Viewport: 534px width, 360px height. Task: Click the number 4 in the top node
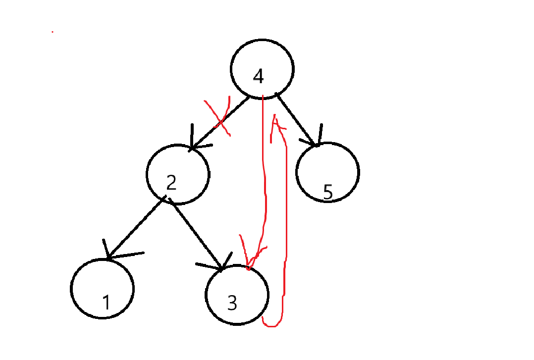click(259, 77)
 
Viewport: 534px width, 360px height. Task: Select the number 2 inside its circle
click(171, 183)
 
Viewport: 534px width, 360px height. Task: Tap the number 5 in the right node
click(327, 193)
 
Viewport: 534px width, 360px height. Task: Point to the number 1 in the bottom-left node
click(106, 302)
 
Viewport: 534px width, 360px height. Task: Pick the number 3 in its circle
click(232, 303)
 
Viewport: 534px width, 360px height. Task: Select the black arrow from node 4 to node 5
click(296, 119)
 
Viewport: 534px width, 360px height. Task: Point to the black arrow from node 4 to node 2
click(220, 122)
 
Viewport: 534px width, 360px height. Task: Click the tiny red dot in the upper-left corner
click(53, 32)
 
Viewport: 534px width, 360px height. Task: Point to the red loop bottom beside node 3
click(272, 324)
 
